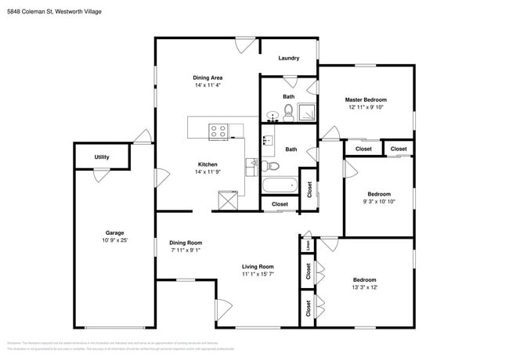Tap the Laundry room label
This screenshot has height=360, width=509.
click(x=288, y=58)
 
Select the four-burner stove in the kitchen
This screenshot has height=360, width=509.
click(x=218, y=131)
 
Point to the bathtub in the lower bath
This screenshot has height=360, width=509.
click(x=280, y=186)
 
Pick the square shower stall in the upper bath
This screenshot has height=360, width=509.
click(x=308, y=113)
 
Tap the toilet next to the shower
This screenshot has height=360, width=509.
click(x=288, y=112)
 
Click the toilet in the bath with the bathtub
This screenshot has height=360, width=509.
click(x=271, y=166)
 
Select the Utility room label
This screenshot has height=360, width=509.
click(x=102, y=157)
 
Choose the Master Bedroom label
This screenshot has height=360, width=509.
click(x=366, y=100)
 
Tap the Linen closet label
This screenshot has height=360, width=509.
click(x=309, y=244)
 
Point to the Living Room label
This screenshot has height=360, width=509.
click(x=257, y=266)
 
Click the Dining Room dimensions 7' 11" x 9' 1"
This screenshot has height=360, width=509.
click(x=186, y=250)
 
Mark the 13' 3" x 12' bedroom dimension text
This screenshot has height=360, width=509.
click(x=364, y=287)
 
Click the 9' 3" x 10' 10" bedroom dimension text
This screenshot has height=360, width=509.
click(x=379, y=201)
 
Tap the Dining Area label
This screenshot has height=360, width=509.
click(x=208, y=77)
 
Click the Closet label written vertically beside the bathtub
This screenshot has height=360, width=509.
click(x=309, y=189)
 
